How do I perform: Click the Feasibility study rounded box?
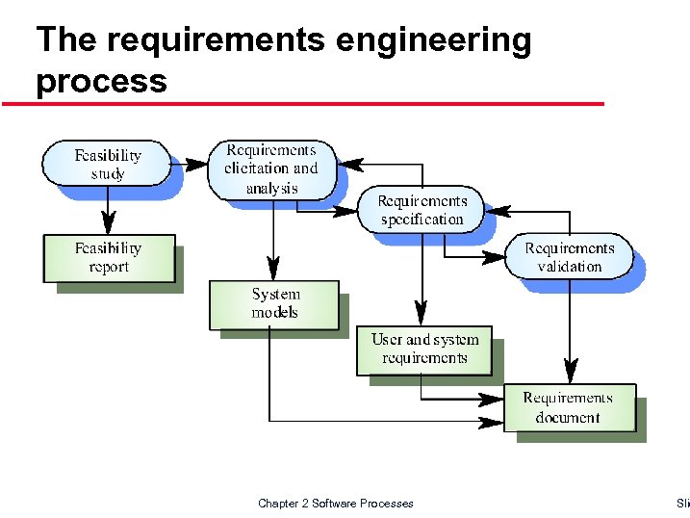click(108, 164)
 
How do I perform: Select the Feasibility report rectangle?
click(109, 258)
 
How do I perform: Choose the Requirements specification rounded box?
click(422, 210)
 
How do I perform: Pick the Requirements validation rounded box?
click(569, 257)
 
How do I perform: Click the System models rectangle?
click(275, 304)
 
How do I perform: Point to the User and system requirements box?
click(423, 350)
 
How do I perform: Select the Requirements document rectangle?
click(568, 407)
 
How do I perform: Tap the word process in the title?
click(101, 81)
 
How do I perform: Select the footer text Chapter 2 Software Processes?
click(335, 504)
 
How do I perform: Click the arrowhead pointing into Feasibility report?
click(109, 225)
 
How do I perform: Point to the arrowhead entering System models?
click(274, 271)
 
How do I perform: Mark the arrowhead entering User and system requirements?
click(420, 315)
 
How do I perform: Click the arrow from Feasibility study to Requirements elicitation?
click(192, 164)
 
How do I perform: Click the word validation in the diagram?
click(569, 267)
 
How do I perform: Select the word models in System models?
click(275, 313)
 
